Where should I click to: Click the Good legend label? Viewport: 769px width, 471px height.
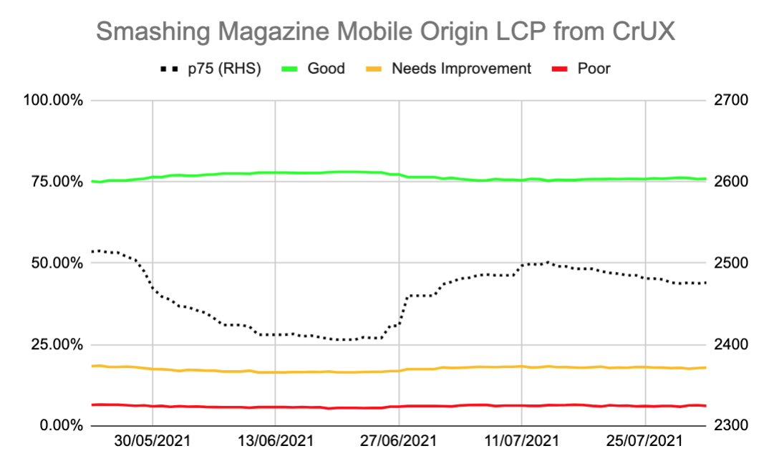(x=326, y=69)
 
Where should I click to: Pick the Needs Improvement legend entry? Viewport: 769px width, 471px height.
(x=461, y=69)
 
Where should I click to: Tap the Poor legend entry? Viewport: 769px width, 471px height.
(x=594, y=69)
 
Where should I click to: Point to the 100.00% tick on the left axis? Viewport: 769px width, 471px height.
(x=53, y=100)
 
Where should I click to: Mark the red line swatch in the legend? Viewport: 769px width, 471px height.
(x=561, y=69)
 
